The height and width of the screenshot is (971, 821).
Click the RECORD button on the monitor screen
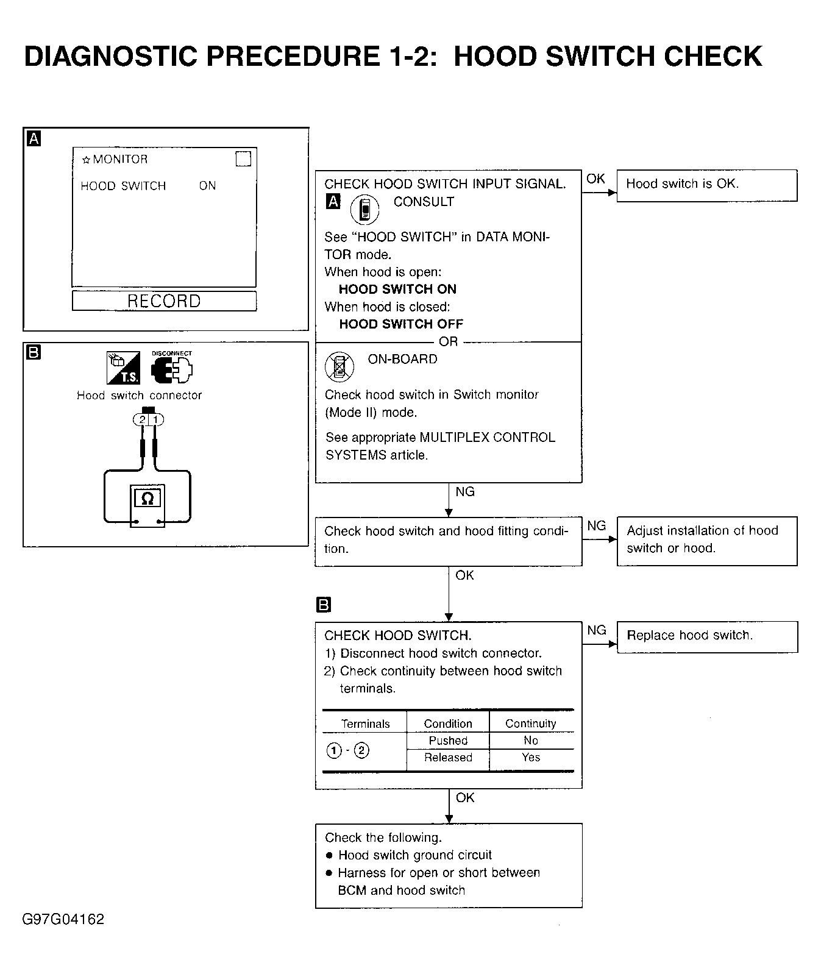164,301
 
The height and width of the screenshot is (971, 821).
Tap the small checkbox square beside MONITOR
243,159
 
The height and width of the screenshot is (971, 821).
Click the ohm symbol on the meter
147,499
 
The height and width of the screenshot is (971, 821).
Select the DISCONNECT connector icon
172,368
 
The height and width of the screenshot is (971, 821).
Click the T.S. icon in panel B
123,368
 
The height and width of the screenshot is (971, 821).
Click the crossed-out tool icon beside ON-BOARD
339,367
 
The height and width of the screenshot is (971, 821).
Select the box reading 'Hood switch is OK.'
707,185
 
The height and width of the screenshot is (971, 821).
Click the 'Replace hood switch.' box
707,637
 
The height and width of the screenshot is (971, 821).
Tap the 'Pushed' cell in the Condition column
448,741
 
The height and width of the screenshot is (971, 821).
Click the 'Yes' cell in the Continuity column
531,757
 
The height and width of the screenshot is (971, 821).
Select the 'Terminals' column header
365,724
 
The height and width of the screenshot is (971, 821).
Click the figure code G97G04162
63,919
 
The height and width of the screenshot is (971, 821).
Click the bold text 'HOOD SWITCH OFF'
401,324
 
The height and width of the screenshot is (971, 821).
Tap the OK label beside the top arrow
595,179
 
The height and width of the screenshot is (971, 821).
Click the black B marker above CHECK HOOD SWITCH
323,605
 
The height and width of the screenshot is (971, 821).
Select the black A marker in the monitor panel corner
34,139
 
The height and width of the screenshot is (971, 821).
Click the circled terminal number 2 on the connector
142,419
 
